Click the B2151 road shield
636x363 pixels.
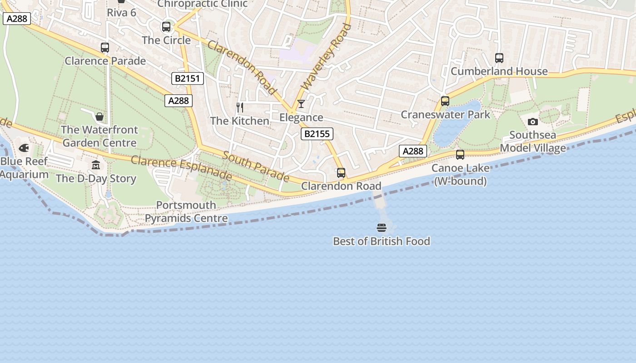click(188, 78)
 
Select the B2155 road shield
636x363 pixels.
click(317, 134)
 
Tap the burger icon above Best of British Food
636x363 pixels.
click(381, 227)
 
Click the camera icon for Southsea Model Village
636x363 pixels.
click(533, 122)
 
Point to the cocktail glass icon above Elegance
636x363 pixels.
click(301, 104)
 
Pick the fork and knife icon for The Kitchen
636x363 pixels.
click(240, 108)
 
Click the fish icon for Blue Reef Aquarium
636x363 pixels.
click(24, 148)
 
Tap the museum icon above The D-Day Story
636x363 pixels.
click(96, 165)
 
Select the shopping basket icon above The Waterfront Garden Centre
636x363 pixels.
click(99, 117)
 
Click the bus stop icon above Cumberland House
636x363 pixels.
click(499, 58)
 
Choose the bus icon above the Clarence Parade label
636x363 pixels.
click(105, 48)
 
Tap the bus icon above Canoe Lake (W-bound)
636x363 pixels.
click(460, 155)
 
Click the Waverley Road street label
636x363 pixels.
click(326, 57)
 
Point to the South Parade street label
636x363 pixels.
click(256, 166)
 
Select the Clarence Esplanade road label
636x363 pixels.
click(181, 167)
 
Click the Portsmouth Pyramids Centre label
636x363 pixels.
click(186, 212)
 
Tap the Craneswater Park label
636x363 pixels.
click(445, 114)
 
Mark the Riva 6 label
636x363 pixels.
click(121, 12)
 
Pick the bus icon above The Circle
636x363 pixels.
click(166, 27)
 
